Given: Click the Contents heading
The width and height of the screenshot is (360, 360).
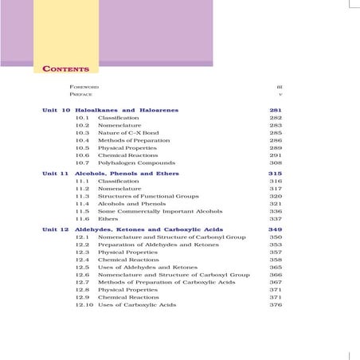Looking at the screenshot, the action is tap(65, 69).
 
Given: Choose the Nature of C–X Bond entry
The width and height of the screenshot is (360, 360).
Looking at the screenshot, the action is tap(125, 132).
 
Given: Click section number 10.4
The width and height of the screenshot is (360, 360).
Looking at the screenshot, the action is tap(82, 140).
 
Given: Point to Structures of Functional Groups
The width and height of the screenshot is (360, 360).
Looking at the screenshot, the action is tap(141, 196).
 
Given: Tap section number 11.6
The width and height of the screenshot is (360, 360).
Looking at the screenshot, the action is tap(82, 218).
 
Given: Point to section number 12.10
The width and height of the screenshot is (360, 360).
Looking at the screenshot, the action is tap(84, 305).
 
